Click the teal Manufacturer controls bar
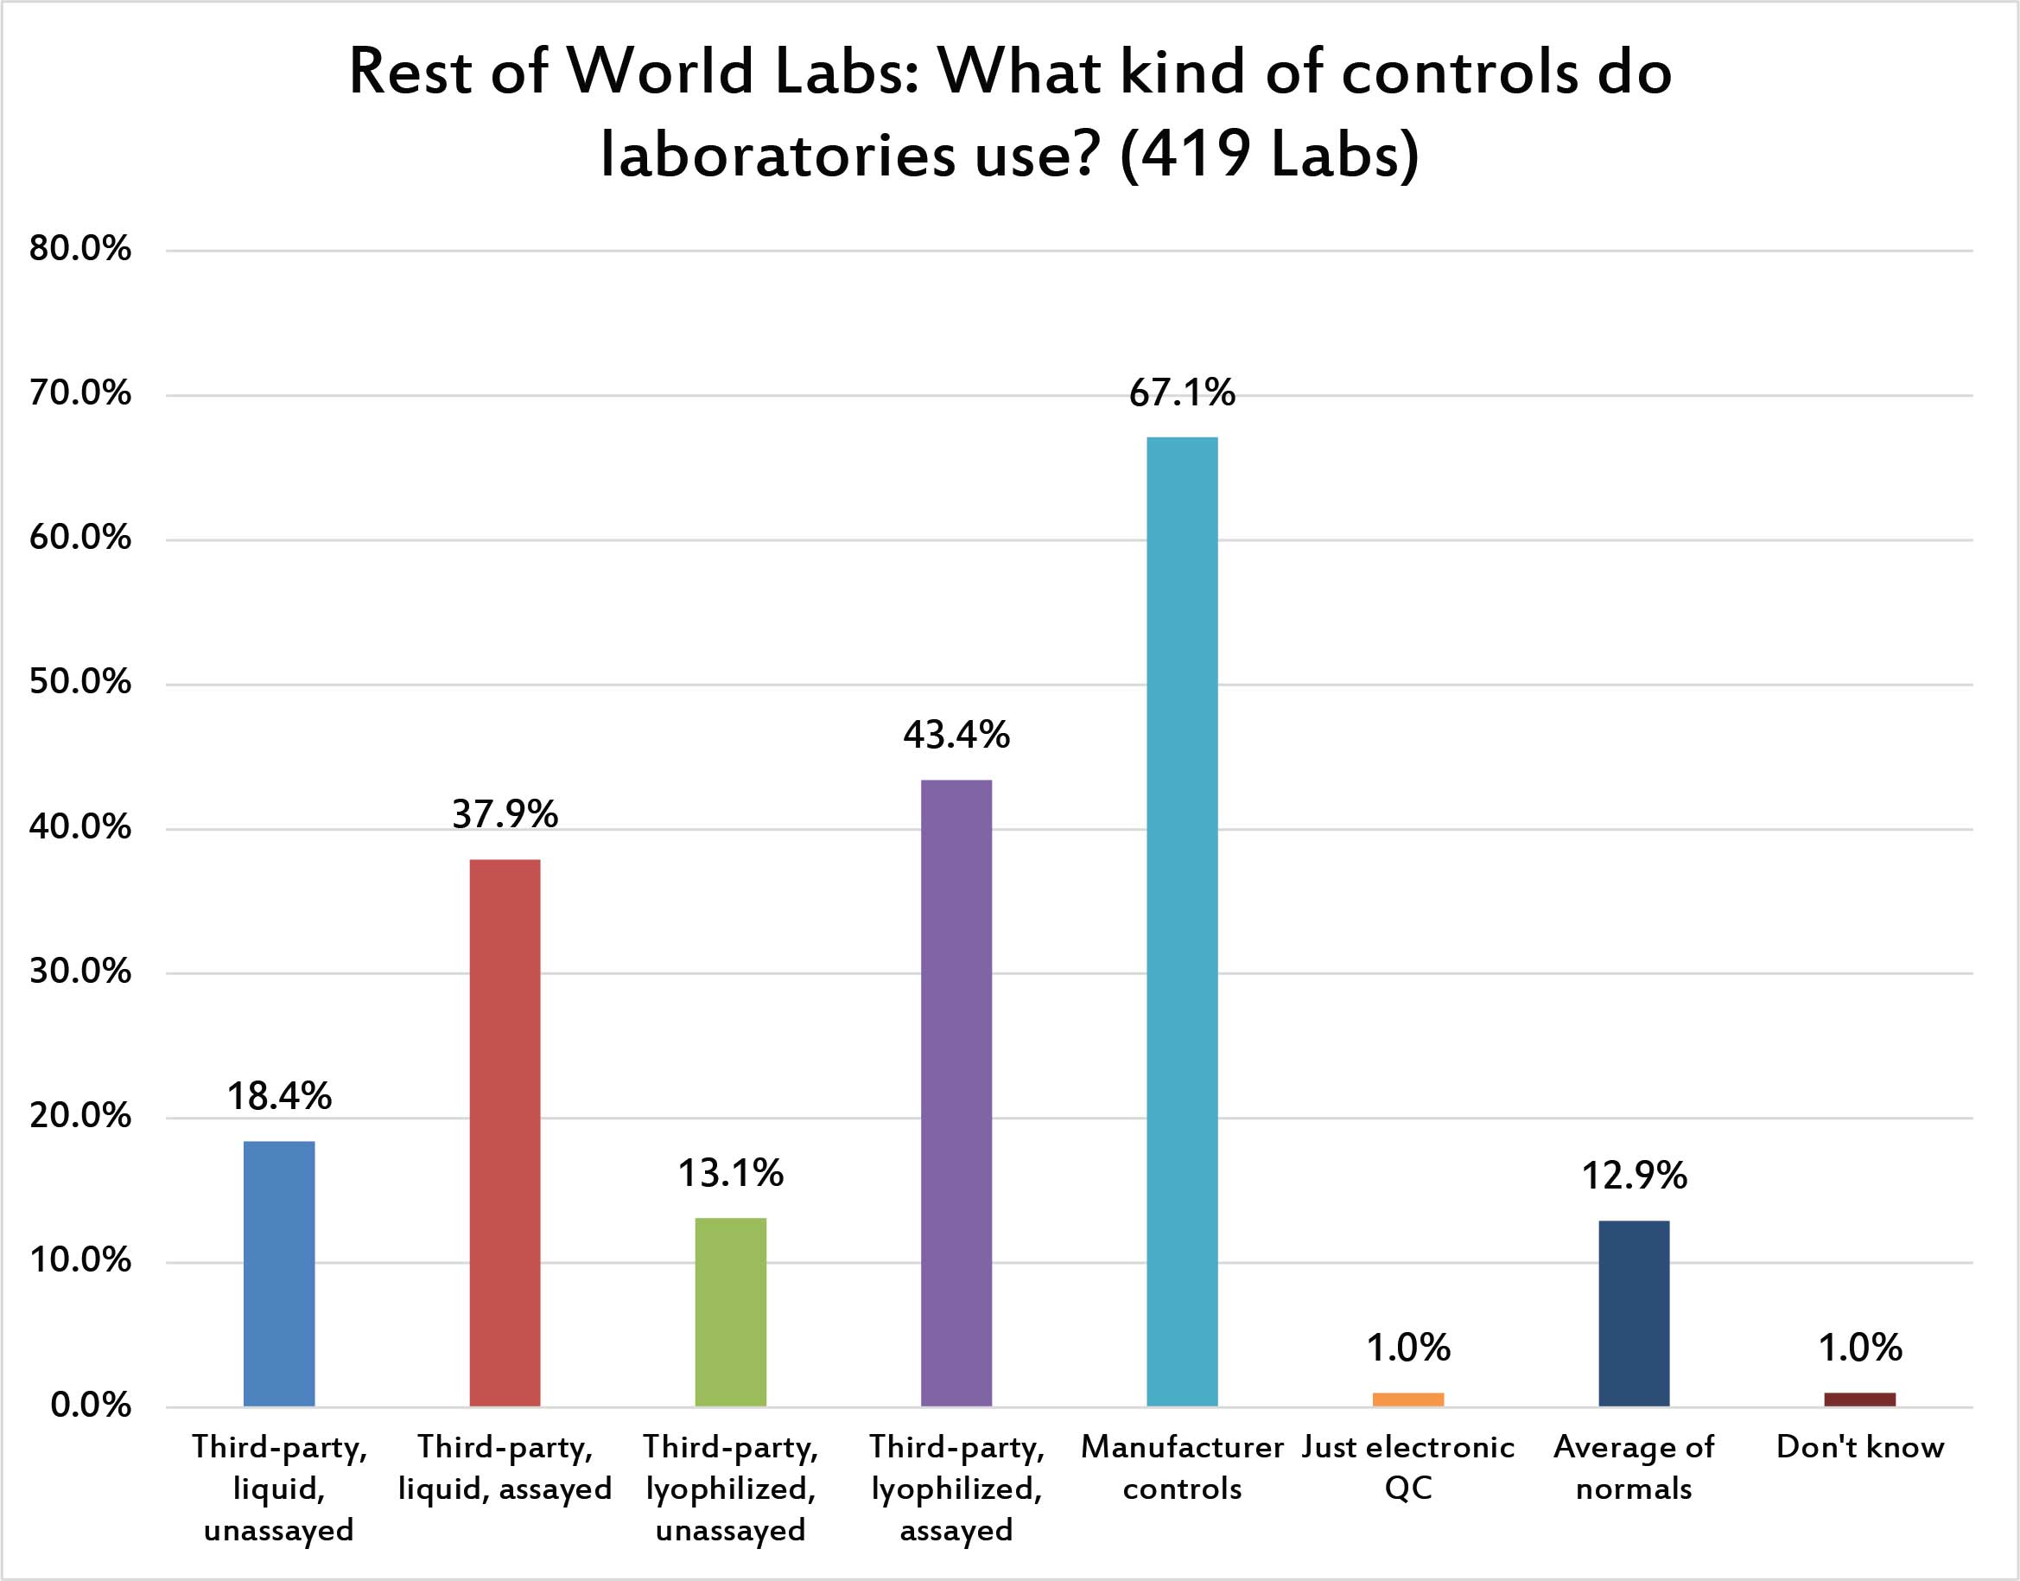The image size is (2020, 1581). point(1182,921)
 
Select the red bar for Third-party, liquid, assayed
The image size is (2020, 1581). point(505,1132)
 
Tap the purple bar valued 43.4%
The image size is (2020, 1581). point(956,1093)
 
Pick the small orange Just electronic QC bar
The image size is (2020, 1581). point(1407,1399)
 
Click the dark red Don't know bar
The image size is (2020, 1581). point(1859,1399)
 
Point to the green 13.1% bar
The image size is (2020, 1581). point(730,1311)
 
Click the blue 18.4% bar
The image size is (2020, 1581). point(278,1272)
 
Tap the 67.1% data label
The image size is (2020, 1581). point(1182,393)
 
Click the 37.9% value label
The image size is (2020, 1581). point(505,814)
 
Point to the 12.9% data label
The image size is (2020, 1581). point(1633,1176)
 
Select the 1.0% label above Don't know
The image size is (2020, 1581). point(1859,1348)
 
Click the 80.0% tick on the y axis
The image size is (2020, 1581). point(79,248)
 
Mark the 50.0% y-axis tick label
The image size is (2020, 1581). point(79,682)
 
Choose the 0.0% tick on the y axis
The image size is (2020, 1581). point(90,1406)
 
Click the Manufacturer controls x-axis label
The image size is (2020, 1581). point(1182,1467)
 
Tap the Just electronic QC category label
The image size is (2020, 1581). point(1407,1467)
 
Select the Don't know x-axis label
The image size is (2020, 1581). point(1859,1447)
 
